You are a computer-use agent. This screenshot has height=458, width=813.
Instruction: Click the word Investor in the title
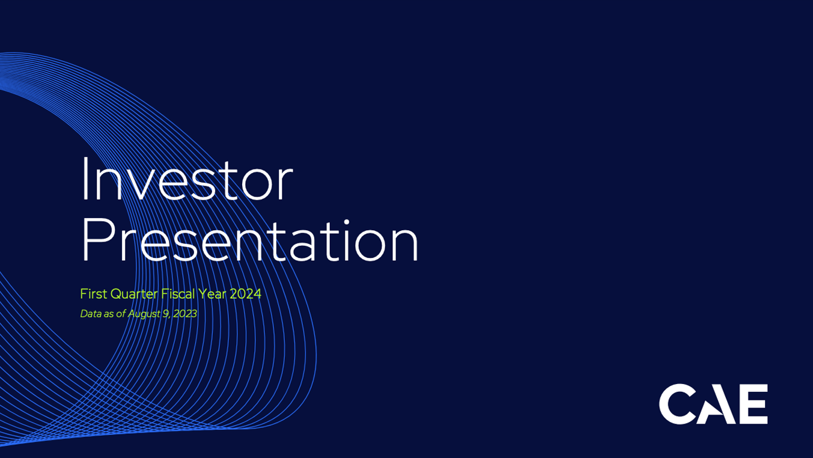[x=187, y=179]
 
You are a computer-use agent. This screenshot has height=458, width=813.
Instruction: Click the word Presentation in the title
[x=251, y=240]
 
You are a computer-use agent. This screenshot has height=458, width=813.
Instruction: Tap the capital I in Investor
[x=85, y=179]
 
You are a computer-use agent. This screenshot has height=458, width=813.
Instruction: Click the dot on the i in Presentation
[x=346, y=222]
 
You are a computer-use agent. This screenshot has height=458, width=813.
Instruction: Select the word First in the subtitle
[x=94, y=293]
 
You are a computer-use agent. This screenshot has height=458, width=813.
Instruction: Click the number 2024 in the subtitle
[x=245, y=293]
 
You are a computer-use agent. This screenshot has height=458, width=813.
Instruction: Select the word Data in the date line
[x=91, y=314]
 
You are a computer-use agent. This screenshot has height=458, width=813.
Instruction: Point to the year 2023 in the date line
[x=185, y=314]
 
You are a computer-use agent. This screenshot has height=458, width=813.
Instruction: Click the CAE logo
[x=713, y=404]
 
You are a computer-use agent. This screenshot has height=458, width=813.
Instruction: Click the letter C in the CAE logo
[x=678, y=404]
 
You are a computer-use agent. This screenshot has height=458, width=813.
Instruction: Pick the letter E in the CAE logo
[x=753, y=404]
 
